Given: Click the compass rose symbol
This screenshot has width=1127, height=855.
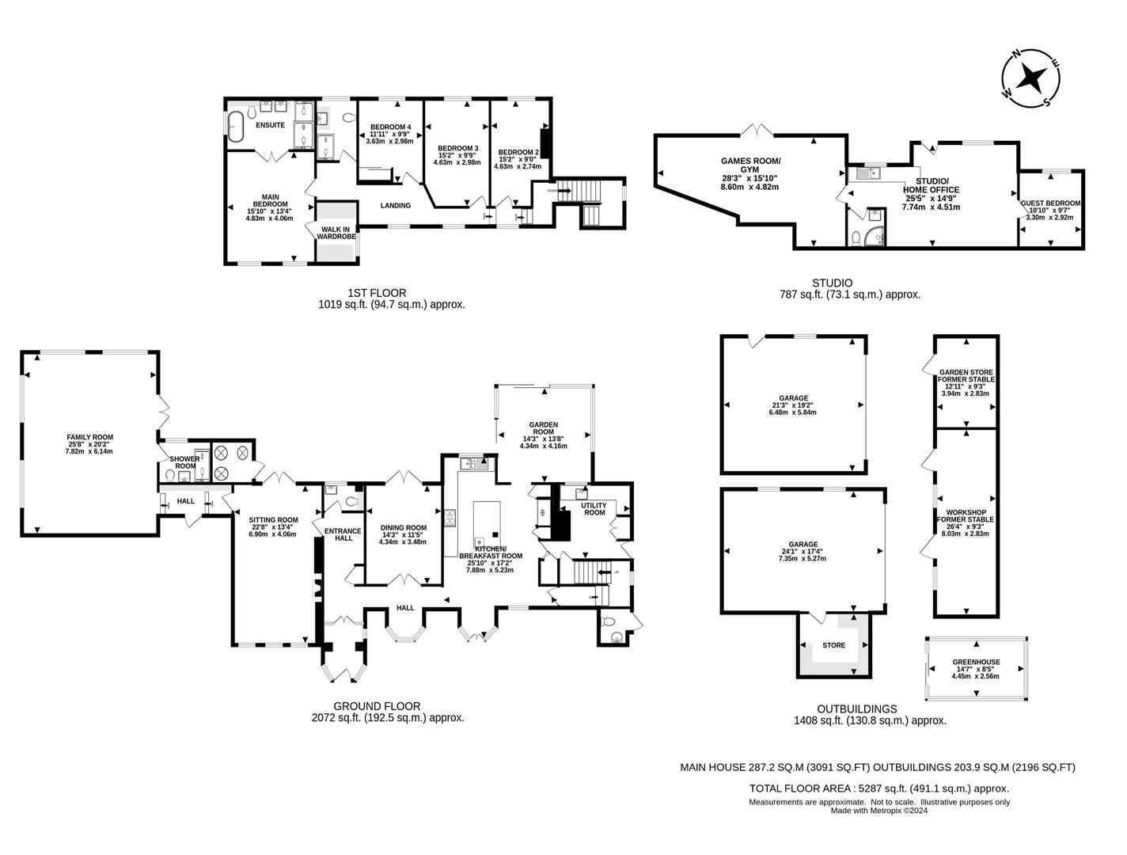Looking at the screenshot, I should [1030, 78].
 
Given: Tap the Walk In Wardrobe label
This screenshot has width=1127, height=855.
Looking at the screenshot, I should [336, 233].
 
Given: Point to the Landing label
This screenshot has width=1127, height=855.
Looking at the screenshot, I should [396, 206].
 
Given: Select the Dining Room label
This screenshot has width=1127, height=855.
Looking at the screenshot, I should [403, 528].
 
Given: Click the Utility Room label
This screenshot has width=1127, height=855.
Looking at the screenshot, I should [594, 508].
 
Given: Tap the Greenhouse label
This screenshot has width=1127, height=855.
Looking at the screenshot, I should [975, 662].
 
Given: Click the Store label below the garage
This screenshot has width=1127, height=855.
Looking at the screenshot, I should [833, 645].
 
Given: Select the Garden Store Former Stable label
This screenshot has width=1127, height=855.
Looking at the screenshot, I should [966, 375].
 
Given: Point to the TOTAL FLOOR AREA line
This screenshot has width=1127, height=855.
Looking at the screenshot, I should [878, 788].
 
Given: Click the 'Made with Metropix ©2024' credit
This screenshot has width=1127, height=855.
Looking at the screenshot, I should [878, 810].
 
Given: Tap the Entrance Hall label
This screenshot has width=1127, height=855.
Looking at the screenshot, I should [343, 534].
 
